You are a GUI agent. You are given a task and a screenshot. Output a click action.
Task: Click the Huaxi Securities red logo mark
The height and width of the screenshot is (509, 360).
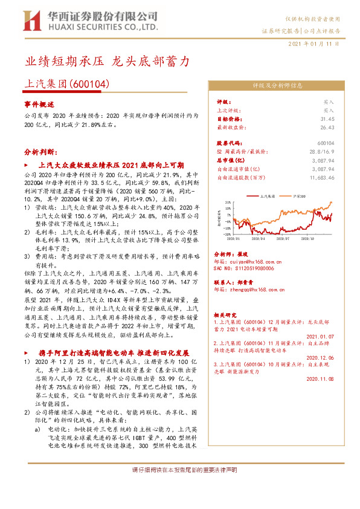31,21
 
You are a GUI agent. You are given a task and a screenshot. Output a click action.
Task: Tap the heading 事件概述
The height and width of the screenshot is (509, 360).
39,104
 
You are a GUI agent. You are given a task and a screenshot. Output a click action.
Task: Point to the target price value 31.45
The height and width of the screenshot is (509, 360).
327,119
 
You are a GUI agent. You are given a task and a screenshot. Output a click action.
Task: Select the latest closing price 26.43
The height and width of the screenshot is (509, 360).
327,128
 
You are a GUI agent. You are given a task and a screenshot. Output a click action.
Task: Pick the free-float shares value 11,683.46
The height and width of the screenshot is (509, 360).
321,177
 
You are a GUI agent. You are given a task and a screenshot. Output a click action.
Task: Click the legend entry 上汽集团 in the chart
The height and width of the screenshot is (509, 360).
268,196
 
